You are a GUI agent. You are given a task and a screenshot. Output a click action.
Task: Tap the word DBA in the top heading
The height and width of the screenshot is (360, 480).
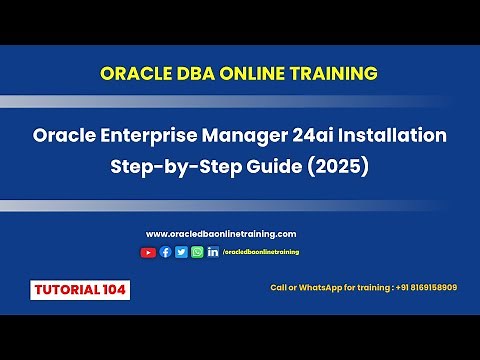point(197,73)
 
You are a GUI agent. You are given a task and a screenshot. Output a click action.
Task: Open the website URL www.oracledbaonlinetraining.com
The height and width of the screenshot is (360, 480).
point(221,234)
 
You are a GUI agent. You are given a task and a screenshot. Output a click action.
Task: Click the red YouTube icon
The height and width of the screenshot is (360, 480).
point(148,252)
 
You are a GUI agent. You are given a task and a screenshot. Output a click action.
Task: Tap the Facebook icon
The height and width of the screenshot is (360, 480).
point(165,252)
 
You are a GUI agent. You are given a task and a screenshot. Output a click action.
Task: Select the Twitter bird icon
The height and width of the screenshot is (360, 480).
point(181,252)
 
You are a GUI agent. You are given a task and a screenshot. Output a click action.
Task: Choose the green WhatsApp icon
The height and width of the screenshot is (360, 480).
point(197,252)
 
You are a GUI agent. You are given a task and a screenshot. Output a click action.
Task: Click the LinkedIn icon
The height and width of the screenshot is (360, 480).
point(213,252)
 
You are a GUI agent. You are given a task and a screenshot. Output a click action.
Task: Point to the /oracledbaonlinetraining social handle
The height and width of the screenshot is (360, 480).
point(261,252)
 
